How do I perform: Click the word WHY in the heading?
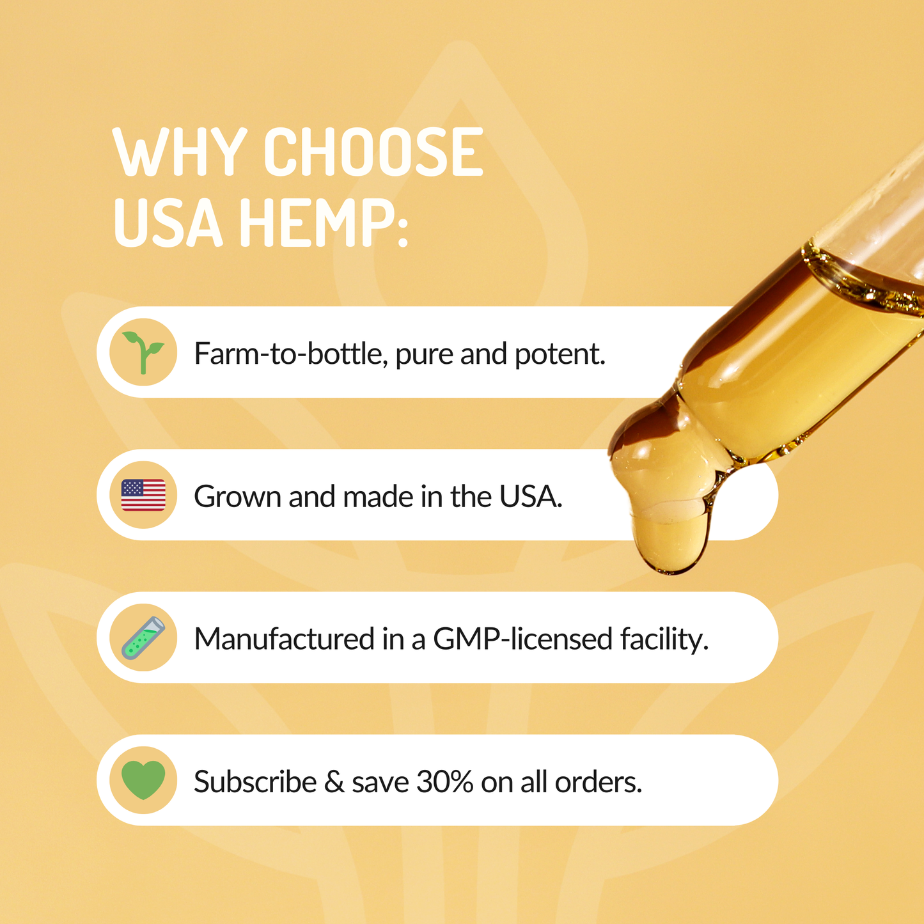pos(180,152)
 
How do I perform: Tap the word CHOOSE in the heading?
pos(373,152)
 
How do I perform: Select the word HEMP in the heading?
pos(310,223)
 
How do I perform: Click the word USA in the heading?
pos(168,223)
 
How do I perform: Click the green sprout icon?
pos(143,352)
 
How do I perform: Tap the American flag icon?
pos(143,495)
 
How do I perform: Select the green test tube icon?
pos(143,638)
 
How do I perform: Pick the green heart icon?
pos(143,780)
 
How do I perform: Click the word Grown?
pos(237,496)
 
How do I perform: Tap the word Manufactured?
pos(285,639)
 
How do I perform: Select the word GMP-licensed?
pos(522,639)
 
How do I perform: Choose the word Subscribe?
pos(255,781)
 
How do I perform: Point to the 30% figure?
pos(444,781)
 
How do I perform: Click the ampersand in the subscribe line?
pos(334,781)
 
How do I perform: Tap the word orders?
pos(598,781)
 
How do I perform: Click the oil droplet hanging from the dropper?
pos(670,542)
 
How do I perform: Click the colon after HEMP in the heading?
pos(402,231)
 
